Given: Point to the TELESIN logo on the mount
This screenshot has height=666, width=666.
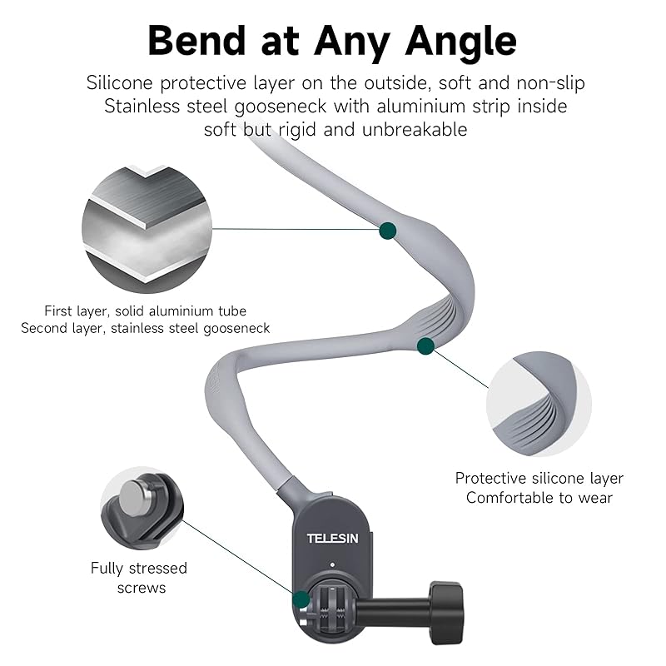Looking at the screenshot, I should coord(332,539).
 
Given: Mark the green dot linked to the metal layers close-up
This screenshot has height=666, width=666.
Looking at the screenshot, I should coord(387,231).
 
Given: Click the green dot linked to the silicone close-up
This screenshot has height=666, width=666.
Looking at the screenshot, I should coord(425,344).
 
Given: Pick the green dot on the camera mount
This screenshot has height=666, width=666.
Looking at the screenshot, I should coord(300,598).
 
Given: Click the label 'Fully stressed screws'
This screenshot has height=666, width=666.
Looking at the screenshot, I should coord(139,578).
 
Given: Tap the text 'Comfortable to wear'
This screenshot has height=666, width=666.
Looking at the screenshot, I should coord(539,498).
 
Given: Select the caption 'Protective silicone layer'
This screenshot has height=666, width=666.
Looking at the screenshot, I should coord(539,479).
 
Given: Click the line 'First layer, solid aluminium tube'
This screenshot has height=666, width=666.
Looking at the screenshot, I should coord(146,311).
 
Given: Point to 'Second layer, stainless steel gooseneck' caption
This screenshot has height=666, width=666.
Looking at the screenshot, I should coord(146,328).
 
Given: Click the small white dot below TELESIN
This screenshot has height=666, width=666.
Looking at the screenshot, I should coord(331,565).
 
